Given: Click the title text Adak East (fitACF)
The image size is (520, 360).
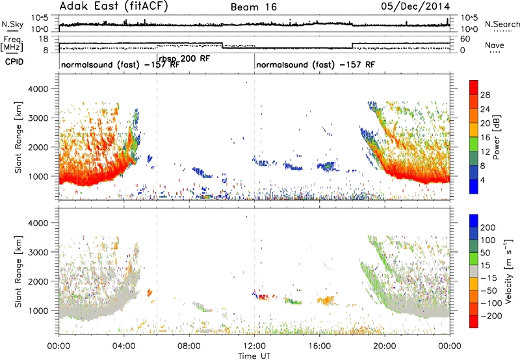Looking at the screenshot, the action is point(114,6).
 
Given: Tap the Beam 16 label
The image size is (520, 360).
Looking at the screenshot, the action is point(253,7).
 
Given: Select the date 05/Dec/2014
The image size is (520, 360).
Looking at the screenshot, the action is point(415,6).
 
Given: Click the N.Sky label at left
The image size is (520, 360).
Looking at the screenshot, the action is point(12,24).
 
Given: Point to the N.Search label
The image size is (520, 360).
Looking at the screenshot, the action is point(502,24).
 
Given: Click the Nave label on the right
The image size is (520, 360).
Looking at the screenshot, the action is point(495,45).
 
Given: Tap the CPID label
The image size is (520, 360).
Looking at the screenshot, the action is point(14,62).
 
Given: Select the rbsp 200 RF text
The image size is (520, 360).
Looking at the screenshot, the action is point(185,59).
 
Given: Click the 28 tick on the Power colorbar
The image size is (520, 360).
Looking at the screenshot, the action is point(485,95).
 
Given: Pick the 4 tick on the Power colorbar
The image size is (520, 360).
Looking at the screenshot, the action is point(483,180).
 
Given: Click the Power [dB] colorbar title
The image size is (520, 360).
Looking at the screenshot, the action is point(497,137).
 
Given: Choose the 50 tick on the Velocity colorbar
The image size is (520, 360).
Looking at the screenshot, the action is point(485,253).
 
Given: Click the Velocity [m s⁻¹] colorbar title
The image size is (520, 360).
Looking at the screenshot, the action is point(508,271).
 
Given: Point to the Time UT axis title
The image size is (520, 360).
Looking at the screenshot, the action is point(254,356).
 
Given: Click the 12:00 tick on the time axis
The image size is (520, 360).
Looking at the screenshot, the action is point(254,346).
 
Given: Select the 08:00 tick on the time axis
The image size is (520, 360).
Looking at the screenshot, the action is point(189,346).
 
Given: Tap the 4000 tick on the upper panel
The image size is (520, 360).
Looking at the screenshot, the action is point(38,89).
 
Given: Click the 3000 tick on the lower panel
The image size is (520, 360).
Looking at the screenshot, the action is point(38,252).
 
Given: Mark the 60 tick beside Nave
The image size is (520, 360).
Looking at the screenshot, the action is point(465,39).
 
